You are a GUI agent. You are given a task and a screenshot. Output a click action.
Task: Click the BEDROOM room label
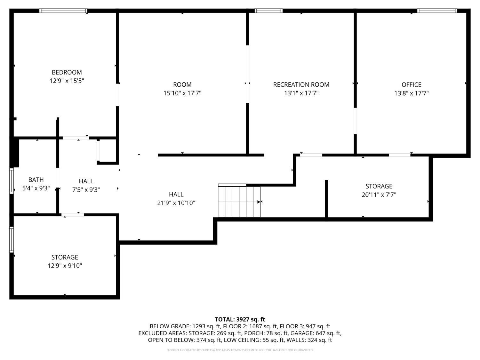(x=67, y=72)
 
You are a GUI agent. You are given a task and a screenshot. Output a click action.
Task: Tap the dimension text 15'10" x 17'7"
(x=182, y=93)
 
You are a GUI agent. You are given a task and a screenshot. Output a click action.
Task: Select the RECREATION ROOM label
(x=301, y=84)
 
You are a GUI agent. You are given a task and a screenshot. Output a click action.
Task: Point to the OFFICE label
(x=411, y=84)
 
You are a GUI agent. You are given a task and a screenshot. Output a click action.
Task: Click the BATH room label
(x=36, y=180)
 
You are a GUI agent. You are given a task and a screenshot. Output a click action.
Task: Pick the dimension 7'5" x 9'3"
(x=86, y=189)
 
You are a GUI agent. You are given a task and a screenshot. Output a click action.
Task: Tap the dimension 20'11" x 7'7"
(x=379, y=195)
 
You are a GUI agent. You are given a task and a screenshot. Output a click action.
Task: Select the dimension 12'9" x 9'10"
(x=65, y=266)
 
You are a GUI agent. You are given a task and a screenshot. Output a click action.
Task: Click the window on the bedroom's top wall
(x=63, y=11)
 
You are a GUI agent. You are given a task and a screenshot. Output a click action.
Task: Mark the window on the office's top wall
(x=437, y=11)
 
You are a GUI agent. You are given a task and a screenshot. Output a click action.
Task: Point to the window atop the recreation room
(x=268, y=11)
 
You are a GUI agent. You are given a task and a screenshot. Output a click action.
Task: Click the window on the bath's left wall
(x=12, y=181)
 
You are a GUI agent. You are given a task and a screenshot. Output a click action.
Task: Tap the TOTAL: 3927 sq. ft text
(x=240, y=319)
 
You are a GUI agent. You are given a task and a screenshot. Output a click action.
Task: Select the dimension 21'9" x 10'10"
(x=176, y=203)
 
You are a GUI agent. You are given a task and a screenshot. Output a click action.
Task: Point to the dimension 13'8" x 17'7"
(x=411, y=93)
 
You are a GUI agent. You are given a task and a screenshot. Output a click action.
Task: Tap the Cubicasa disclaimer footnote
(x=240, y=350)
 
